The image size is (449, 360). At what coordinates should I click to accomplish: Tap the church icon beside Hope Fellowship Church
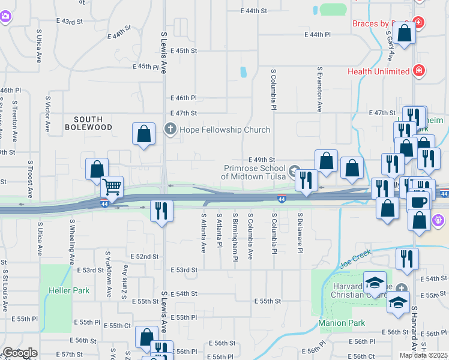[x=170, y=130]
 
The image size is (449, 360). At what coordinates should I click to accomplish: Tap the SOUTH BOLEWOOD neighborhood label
[x=89, y=124]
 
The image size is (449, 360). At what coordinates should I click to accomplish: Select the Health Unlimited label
[x=379, y=71]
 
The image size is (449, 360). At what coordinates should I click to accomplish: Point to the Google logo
[x=19, y=353]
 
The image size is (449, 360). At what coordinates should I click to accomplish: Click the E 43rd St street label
[x=69, y=21]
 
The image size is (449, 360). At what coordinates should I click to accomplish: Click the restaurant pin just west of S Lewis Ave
[x=161, y=211]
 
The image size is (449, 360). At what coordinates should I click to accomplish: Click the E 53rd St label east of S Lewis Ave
[x=184, y=270]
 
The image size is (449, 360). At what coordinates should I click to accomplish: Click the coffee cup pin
[x=418, y=201]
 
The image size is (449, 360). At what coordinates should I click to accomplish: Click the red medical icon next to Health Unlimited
[x=418, y=71]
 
